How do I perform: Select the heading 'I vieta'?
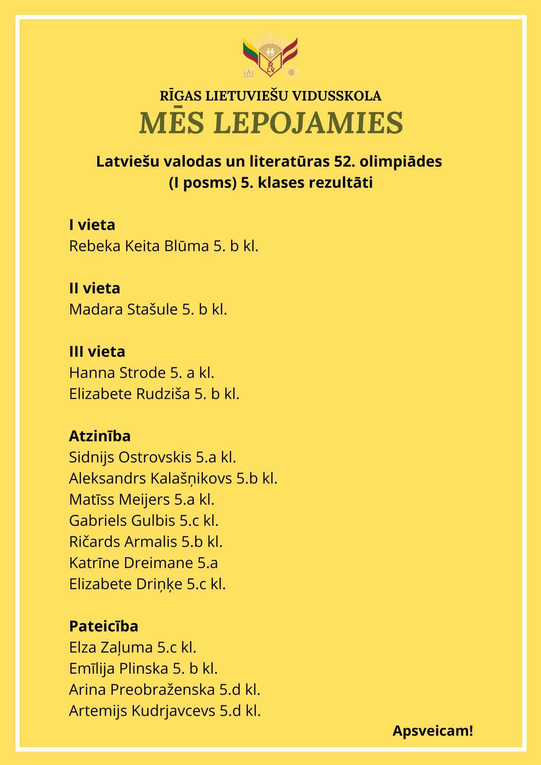(x=92, y=225)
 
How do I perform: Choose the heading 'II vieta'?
(x=94, y=288)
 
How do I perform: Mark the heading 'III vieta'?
(x=97, y=352)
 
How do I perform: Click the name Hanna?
(x=92, y=373)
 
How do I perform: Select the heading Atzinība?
(x=100, y=436)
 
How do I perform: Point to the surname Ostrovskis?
(x=155, y=457)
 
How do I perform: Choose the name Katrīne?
(x=94, y=563)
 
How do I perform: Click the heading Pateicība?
(x=104, y=626)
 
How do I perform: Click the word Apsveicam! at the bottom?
(x=433, y=731)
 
